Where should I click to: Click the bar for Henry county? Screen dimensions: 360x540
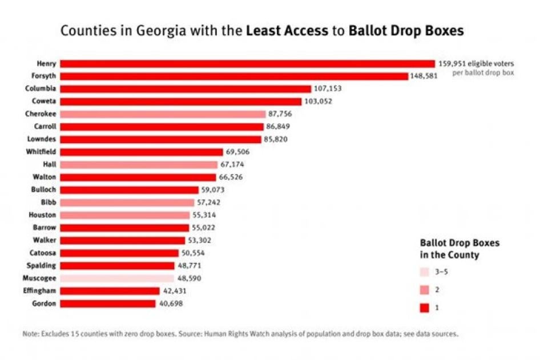[247, 63]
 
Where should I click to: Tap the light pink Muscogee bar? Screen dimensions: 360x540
[117, 278]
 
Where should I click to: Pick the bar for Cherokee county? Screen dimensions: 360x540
[163, 114]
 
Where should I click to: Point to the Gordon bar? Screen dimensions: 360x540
[108, 304]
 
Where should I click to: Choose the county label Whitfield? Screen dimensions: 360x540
[41, 152]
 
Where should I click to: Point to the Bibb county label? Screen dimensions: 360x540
[49, 203]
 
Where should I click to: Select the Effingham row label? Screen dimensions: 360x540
[40, 291]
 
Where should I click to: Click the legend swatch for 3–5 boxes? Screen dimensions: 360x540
[424, 272]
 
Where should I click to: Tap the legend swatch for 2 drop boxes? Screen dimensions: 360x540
[424, 290]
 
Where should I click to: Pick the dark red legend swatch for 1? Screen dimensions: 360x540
[424, 308]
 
